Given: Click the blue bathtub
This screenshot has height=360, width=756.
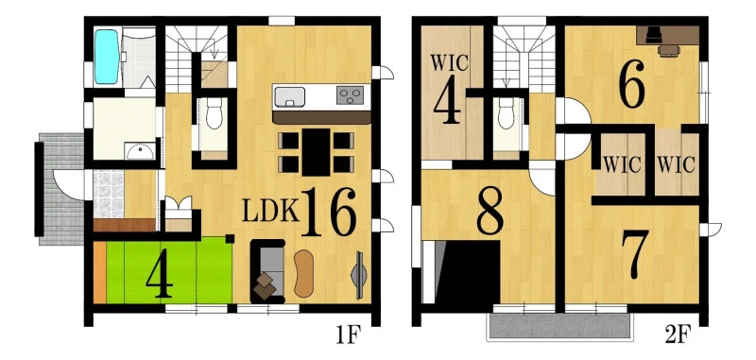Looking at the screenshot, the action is coord(107,57).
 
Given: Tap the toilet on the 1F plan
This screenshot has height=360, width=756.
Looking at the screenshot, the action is coord(215,114).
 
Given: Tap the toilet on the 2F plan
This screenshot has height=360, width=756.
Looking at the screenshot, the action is coord(507,113).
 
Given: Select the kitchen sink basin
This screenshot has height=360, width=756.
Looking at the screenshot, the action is coord(289,97).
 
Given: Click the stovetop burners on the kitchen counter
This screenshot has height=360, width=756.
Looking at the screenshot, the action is coord(351,95).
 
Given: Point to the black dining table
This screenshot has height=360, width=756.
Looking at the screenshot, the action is coord(317,152).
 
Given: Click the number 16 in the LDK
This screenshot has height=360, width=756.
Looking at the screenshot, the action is coord(329,212).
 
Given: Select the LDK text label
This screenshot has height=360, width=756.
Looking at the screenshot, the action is coord(271,211).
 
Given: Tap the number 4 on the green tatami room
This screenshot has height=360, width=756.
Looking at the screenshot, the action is coord(160,280).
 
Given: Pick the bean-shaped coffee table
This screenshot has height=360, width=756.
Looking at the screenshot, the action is coord(303,273).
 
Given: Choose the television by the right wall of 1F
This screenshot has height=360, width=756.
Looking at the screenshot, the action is coord(359,275).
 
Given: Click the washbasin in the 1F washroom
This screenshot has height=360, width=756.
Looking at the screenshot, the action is coord(140,152).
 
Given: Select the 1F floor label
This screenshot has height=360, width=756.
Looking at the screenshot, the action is coord(348,335).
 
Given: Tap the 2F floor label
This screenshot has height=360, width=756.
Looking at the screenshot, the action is coord(678,334).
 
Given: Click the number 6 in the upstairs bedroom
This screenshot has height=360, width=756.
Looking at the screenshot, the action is coord(632,84).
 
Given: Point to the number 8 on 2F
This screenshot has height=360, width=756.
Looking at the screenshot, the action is coord(490,211).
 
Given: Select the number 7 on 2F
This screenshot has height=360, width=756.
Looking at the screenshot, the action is coord(635,253).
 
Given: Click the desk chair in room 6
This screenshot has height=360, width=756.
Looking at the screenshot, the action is coord(669,51).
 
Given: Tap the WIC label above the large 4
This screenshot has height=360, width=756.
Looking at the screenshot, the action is coord(449,63).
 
